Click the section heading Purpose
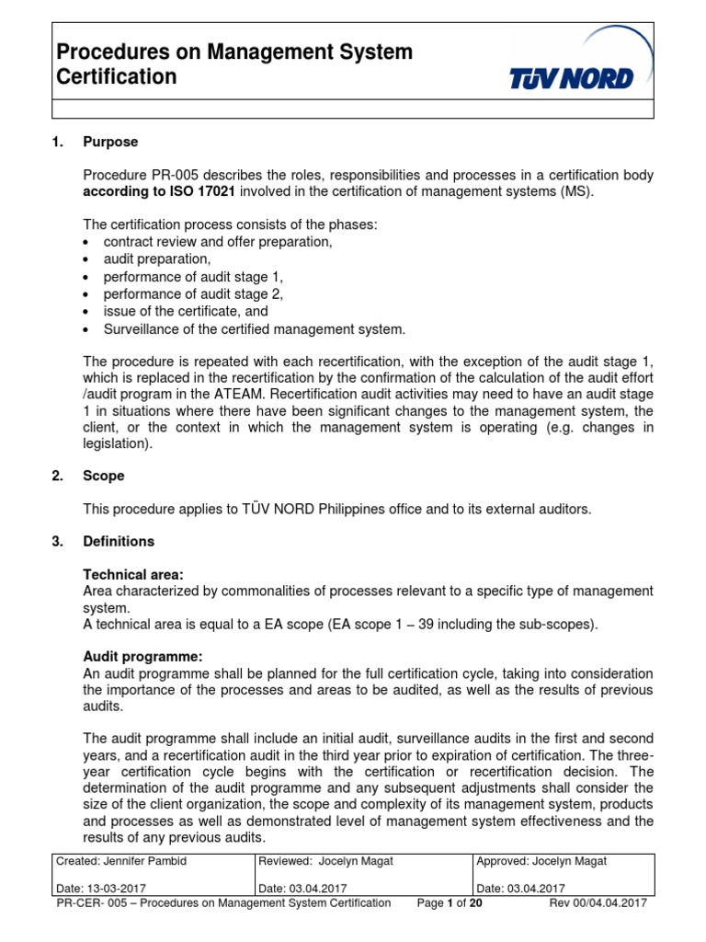pyautogui.click(x=110, y=142)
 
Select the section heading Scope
pyautogui.click(x=104, y=476)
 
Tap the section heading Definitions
pyautogui.click(x=119, y=541)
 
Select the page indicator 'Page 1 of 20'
pyautogui.click(x=450, y=903)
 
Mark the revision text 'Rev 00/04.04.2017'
pyautogui.click(x=598, y=903)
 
